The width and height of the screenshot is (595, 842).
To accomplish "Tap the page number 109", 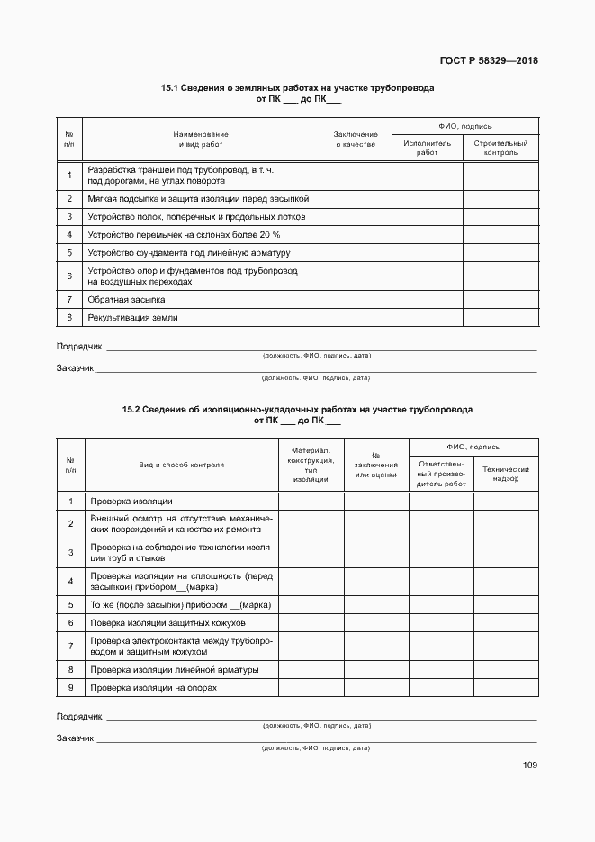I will point(529,765).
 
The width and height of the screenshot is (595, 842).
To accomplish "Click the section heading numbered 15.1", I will point(297,89).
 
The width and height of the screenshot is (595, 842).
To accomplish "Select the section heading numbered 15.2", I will point(297,410).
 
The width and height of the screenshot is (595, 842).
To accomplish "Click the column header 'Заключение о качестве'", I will point(356,139).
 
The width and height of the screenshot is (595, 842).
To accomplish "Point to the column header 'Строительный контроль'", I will point(500,148).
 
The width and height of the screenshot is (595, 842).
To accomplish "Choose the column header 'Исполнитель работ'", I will point(427,148).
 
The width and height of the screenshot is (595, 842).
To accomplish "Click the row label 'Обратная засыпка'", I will point(113,300).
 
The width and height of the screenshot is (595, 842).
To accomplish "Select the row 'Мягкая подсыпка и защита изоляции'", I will point(198,197).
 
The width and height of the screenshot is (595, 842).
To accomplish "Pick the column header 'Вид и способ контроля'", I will point(181,465).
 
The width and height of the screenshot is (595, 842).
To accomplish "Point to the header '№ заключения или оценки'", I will point(376,465).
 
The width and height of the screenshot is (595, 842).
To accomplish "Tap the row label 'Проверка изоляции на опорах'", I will point(154,688).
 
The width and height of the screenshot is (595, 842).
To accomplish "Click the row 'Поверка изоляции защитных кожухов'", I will point(167,623).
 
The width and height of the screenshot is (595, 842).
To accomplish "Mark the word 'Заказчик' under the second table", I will point(76,738).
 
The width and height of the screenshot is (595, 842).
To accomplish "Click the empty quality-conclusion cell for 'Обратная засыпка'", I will point(356,300).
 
